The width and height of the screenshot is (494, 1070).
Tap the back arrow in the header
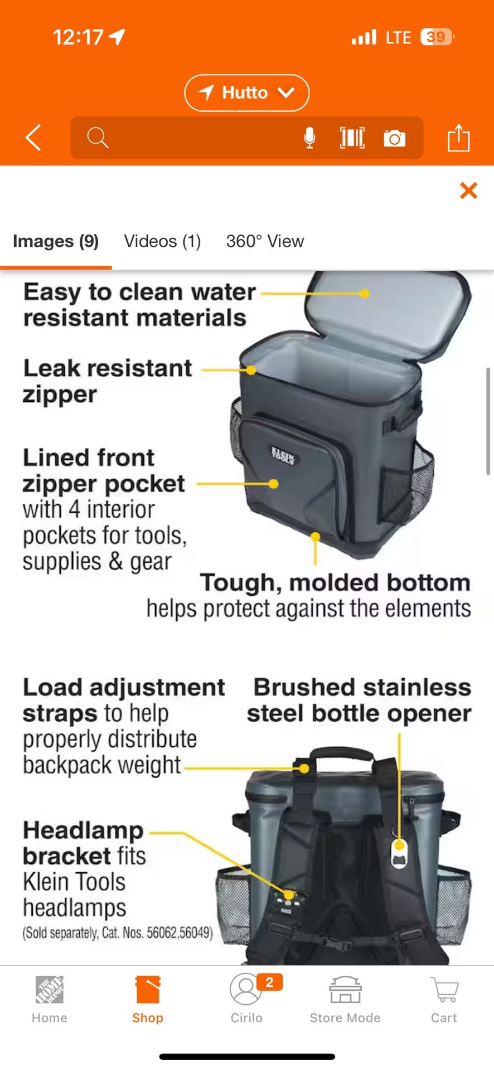pos(33,138)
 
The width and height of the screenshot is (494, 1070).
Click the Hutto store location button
pos(246,93)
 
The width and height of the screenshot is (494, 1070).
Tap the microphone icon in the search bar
pos(309,138)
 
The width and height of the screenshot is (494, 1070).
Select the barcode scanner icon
pos(352,138)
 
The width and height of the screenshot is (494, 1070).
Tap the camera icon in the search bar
pos(394,138)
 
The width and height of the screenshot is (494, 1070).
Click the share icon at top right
pos(458,138)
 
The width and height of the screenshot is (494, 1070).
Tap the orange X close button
pos(468,191)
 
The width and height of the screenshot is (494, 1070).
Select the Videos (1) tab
pos(162,241)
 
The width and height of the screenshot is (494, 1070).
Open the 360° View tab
pos(265,241)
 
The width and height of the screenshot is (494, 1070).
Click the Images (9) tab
pos(56,241)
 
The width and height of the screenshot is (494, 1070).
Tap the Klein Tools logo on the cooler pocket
pos(283,455)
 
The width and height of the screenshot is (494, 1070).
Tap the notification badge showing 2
pos(270,982)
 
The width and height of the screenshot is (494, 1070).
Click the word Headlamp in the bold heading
pos(83,830)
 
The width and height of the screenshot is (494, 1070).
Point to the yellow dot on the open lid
pos(364,293)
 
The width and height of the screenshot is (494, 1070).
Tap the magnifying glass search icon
pos(98,138)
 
